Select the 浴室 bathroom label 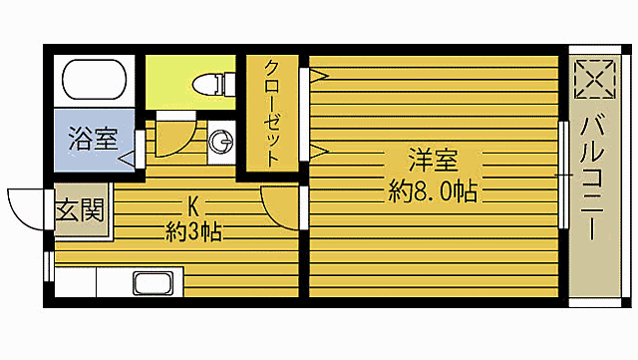coord(92,140)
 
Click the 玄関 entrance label coord(79,211)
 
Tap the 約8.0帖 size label coord(432,190)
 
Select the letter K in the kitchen coord(194,206)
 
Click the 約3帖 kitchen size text coord(193,233)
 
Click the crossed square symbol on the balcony coord(594,81)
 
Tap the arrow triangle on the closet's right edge coord(319,152)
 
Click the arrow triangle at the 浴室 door coord(127,158)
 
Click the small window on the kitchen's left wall coord(48,264)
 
